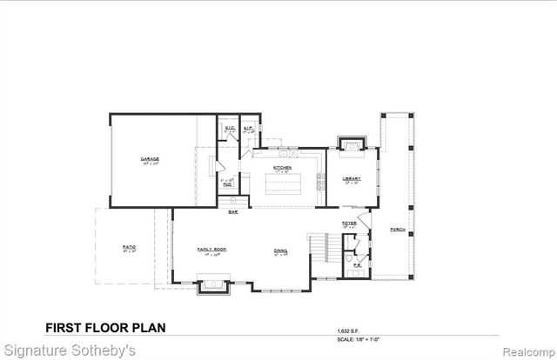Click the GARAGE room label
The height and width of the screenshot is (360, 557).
[x=151, y=159]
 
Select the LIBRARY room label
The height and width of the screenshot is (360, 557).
[x=351, y=179]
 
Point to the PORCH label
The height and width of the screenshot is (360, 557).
[x=398, y=230]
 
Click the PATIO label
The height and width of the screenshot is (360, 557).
[x=129, y=246]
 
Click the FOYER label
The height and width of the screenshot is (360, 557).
[x=349, y=223]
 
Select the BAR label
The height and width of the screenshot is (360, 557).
[x=233, y=212]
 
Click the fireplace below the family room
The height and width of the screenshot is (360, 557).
[x=211, y=283]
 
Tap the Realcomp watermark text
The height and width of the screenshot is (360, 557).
[x=526, y=352]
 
